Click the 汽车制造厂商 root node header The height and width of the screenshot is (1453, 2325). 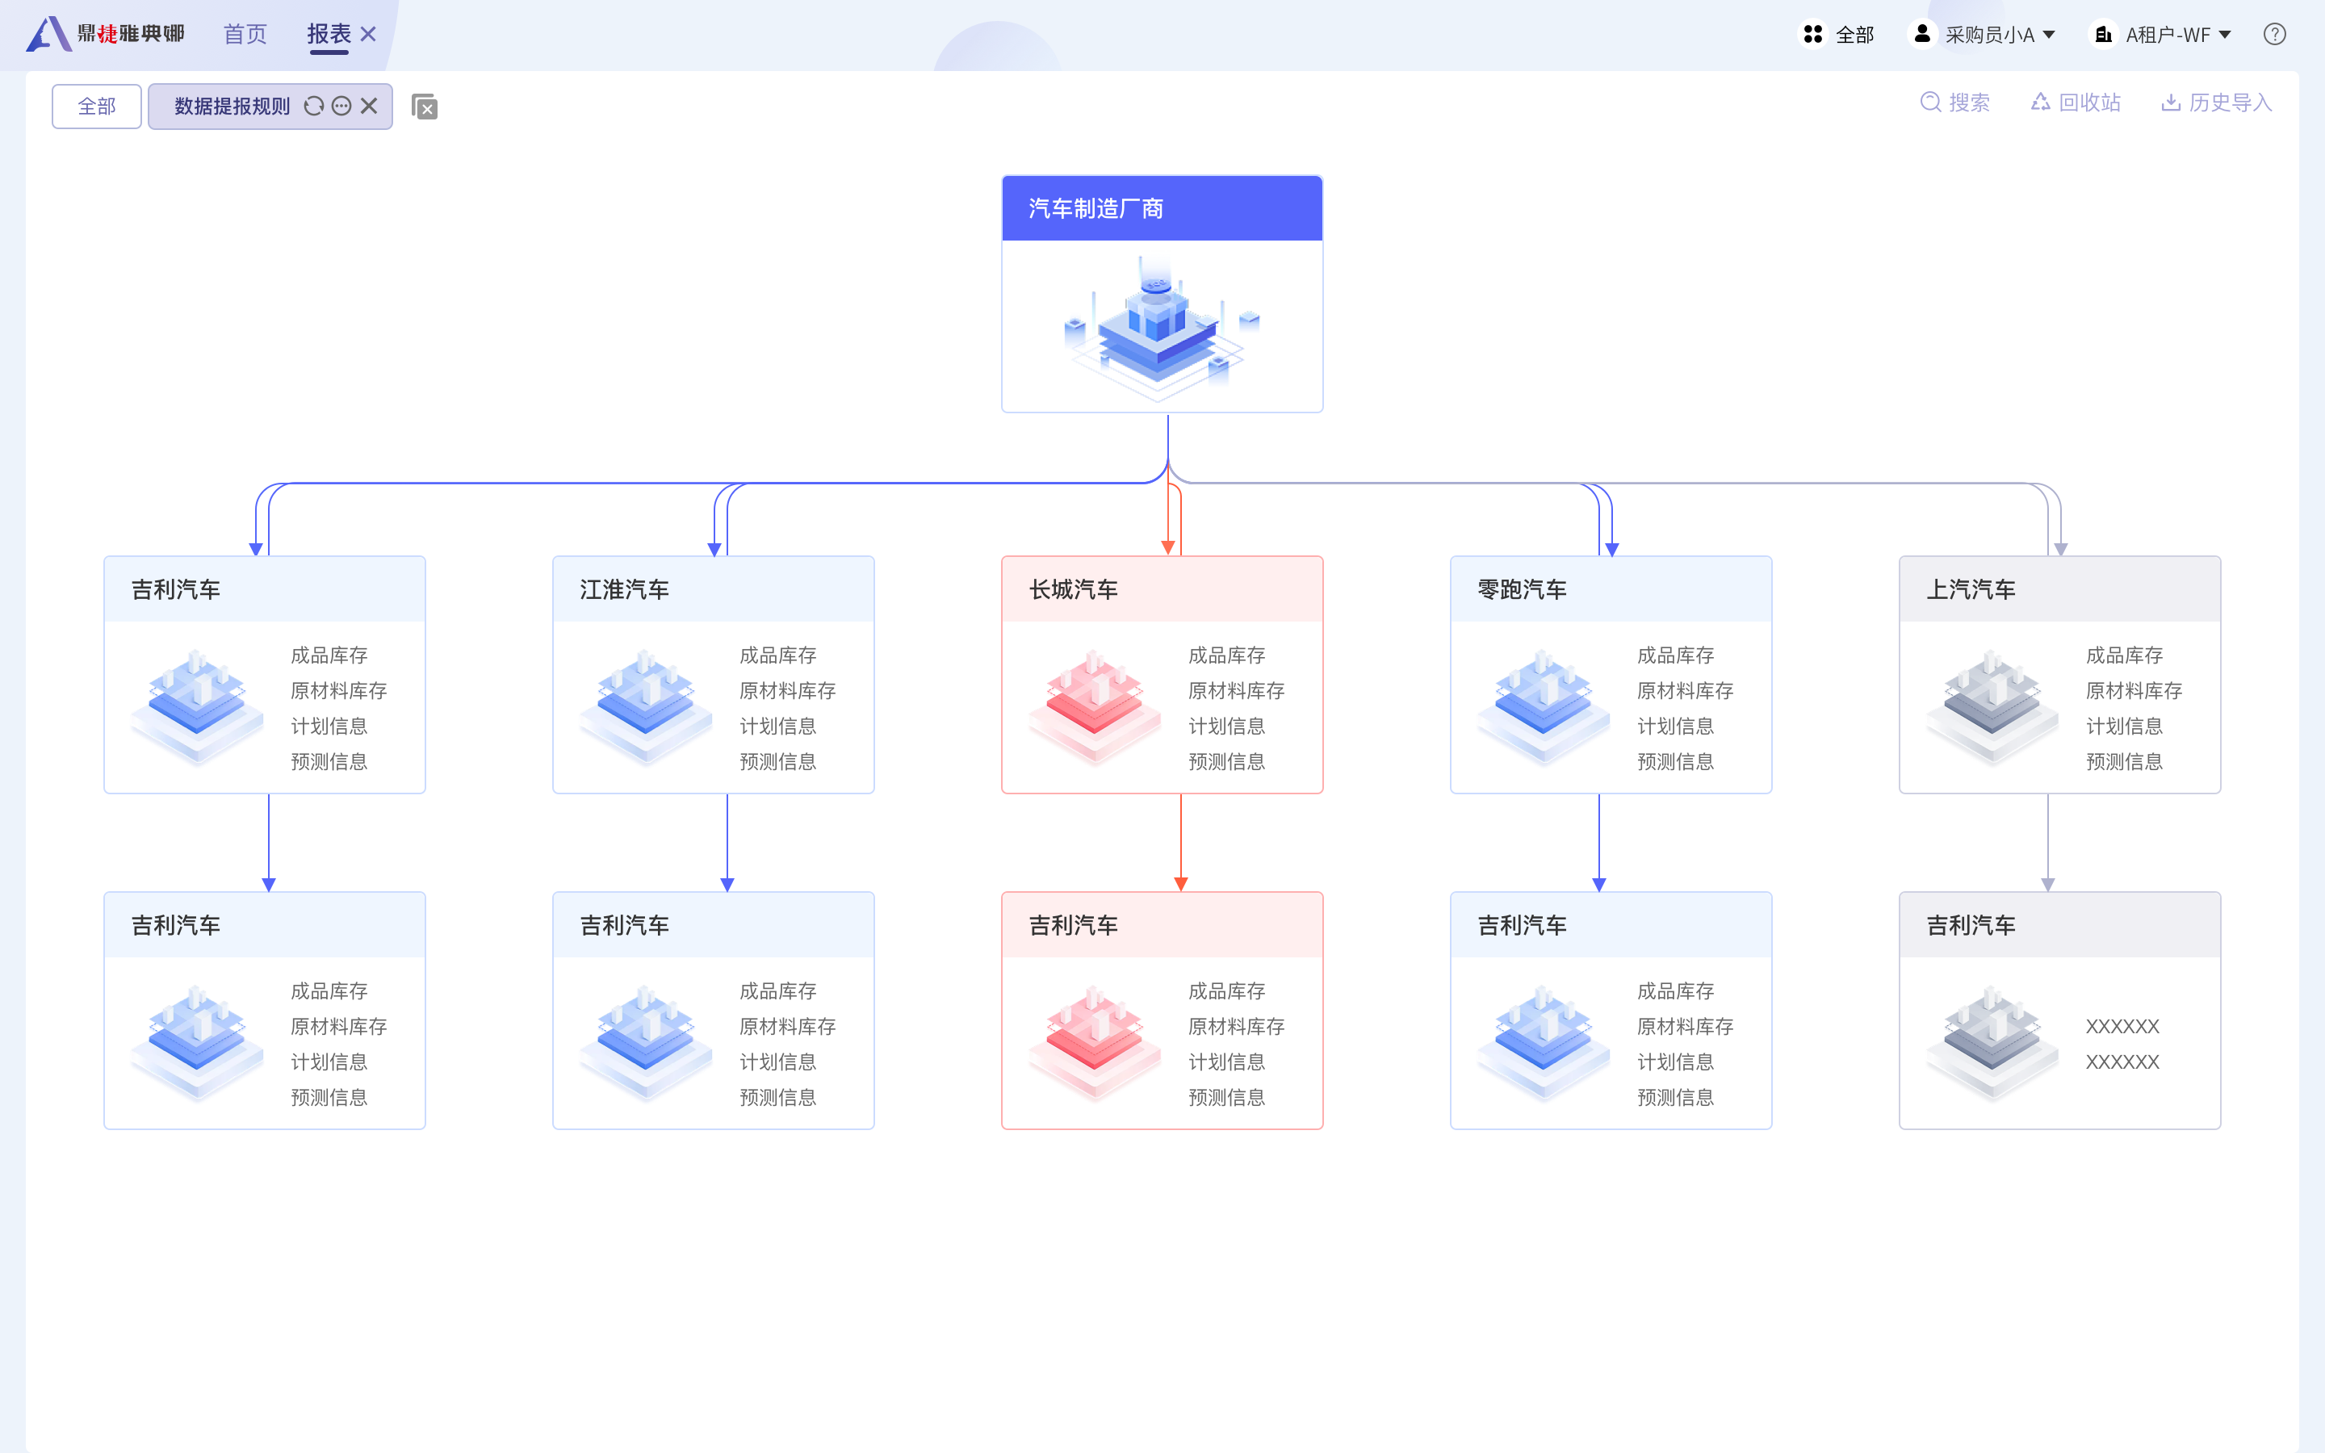(1162, 207)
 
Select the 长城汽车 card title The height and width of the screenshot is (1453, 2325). (1073, 589)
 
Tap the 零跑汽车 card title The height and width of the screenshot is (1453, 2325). (1522, 589)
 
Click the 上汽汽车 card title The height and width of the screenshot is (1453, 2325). (1971, 589)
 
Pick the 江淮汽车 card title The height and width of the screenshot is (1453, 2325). (625, 589)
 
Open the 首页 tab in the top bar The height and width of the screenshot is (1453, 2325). (245, 35)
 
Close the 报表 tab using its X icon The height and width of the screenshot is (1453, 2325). (368, 35)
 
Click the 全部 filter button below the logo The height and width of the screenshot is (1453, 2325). (97, 106)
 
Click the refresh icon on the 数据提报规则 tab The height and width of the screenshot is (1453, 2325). (314, 106)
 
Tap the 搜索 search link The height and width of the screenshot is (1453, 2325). (1955, 103)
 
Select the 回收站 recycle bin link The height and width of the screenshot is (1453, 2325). (2076, 103)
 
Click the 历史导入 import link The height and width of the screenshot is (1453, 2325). (2217, 103)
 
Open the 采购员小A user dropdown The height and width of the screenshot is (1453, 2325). (1981, 35)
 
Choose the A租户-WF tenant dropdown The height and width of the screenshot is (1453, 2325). (2160, 35)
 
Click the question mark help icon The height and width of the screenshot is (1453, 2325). (2274, 35)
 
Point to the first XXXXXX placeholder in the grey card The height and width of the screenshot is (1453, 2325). (2122, 1026)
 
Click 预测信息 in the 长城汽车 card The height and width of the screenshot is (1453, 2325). (1227, 762)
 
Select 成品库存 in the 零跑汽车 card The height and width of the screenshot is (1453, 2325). (1676, 655)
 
